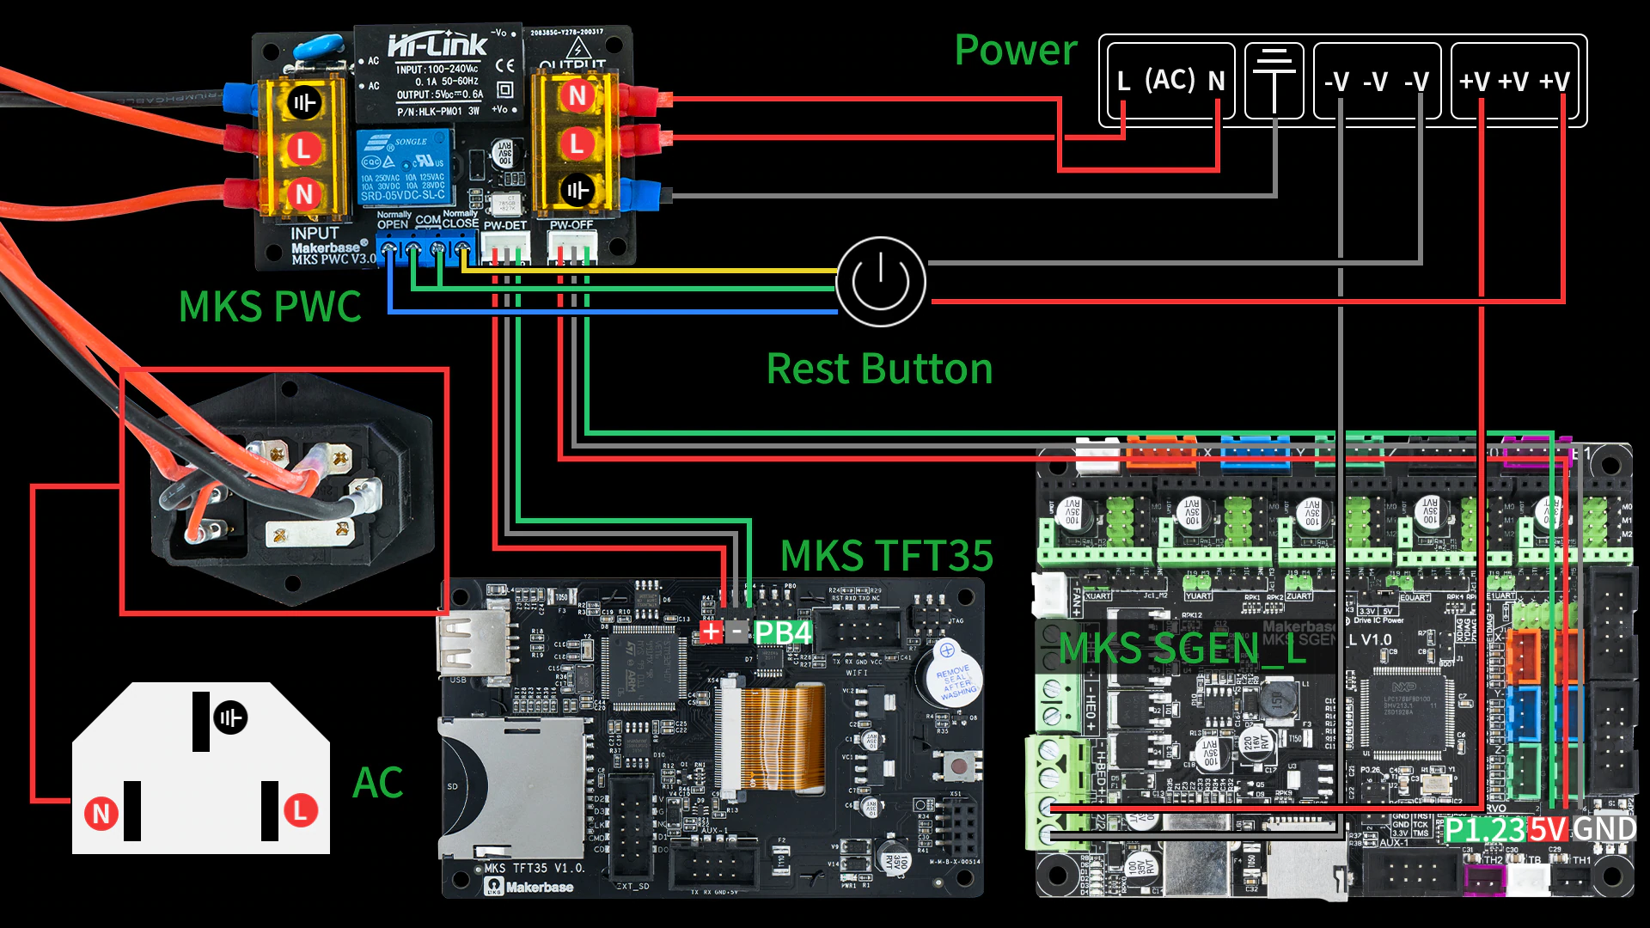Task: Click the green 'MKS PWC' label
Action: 270,307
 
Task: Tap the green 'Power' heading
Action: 1015,50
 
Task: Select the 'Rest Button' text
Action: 879,369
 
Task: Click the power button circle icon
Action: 881,282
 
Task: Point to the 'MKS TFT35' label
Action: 886,556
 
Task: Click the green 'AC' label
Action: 377,783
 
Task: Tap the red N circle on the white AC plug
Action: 101,813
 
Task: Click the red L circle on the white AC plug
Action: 300,810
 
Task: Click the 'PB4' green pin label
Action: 782,633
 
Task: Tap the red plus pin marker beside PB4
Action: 711,633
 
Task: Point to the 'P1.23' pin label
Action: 1484,830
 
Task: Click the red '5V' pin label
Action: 1548,830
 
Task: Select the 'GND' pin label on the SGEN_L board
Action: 1604,829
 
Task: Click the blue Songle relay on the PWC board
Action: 404,168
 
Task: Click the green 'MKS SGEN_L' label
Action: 1182,648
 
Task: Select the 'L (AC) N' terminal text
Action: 1170,81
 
